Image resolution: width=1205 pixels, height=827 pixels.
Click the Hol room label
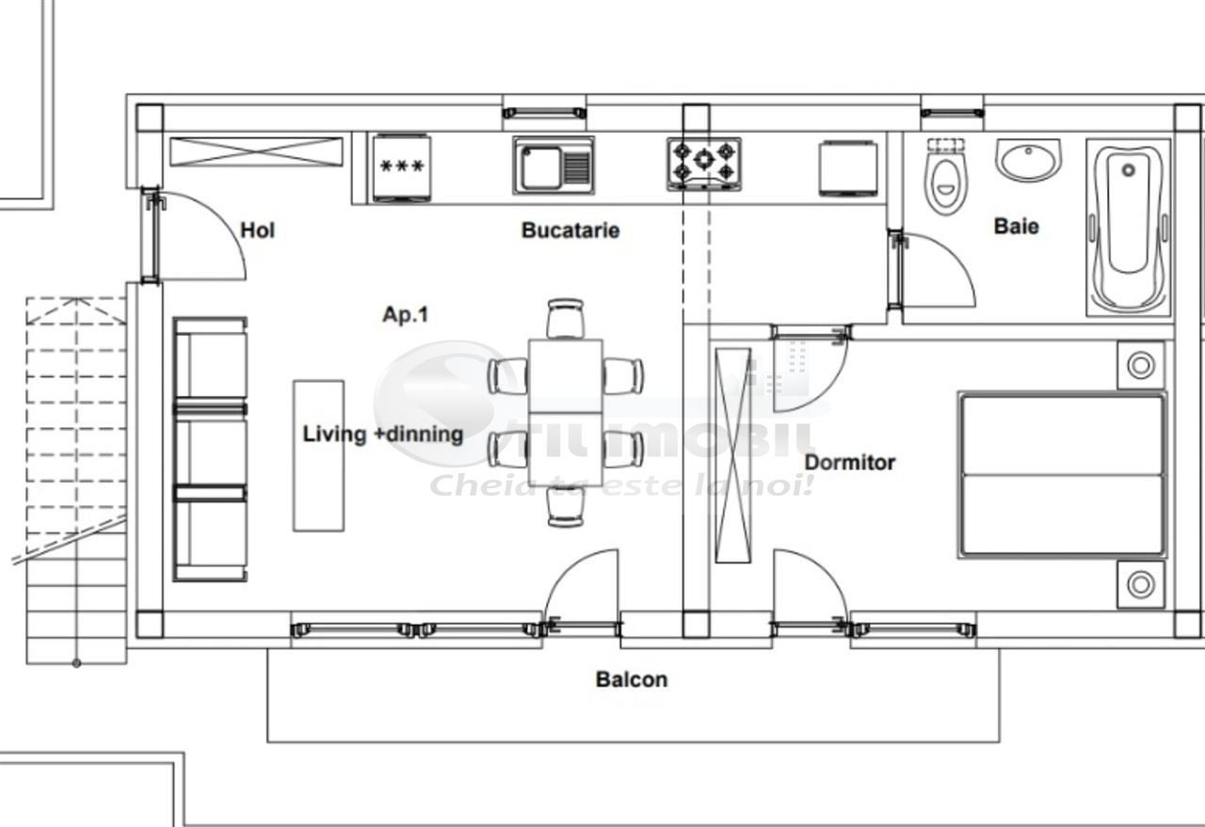(x=257, y=230)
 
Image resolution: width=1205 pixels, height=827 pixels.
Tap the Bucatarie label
(x=570, y=230)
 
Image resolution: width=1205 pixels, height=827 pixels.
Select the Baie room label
(x=1016, y=226)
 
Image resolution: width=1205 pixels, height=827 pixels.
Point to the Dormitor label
(x=849, y=462)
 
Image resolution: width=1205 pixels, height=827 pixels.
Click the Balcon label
(x=631, y=678)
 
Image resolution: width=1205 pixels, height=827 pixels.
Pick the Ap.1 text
(x=405, y=314)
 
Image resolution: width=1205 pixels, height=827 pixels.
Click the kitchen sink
(x=554, y=166)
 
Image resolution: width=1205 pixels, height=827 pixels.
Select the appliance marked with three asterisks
(x=402, y=167)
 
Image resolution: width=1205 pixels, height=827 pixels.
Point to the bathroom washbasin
(x=1028, y=160)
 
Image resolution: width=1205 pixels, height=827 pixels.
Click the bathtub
(x=1130, y=226)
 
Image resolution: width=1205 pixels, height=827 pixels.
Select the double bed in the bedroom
(x=1062, y=475)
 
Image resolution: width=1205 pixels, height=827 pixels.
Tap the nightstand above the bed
(x=1140, y=365)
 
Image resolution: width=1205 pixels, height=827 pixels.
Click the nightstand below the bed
(x=1140, y=584)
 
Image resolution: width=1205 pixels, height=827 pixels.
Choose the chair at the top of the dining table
(x=566, y=318)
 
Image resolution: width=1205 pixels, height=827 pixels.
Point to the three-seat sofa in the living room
(x=210, y=449)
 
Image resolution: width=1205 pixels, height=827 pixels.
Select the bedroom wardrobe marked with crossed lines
(x=734, y=455)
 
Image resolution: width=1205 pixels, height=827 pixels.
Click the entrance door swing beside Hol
(x=198, y=235)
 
